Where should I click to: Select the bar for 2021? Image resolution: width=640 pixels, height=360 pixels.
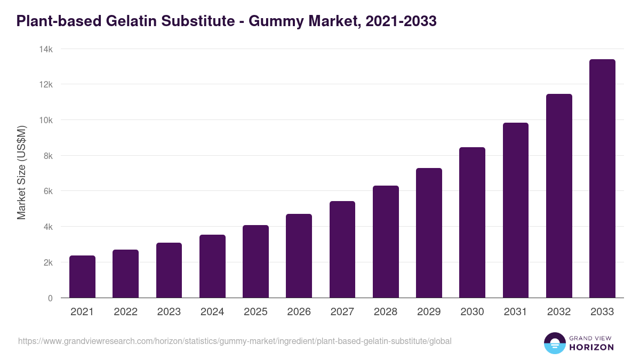point(82,277)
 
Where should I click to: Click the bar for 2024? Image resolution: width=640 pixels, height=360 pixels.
point(212,266)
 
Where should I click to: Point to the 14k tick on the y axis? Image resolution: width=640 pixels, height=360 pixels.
point(46,49)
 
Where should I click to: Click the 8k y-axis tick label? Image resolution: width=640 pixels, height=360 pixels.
point(48,156)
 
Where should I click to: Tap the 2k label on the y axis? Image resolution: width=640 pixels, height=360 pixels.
point(48,262)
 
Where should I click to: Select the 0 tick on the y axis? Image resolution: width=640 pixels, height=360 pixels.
point(50,298)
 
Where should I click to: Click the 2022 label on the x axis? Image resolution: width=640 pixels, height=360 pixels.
point(125,312)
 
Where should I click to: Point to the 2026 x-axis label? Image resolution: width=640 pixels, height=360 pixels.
point(299,312)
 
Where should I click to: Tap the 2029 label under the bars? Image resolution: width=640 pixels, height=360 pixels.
point(429,312)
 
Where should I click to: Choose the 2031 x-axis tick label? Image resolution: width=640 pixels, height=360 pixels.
point(515,312)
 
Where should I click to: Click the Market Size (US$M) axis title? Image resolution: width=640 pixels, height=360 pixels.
point(21,172)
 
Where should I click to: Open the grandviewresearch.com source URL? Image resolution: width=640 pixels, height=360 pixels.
point(235,341)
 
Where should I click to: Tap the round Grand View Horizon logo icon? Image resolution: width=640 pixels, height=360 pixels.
point(554,343)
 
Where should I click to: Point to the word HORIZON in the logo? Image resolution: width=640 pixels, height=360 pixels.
point(591,347)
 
